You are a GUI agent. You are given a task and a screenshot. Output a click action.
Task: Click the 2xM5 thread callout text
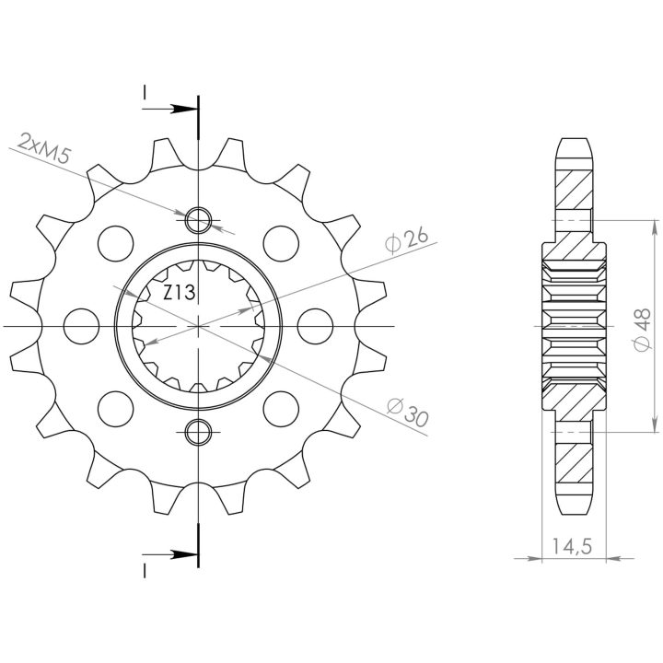[x=43, y=147]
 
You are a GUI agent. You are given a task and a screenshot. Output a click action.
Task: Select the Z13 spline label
[x=180, y=293]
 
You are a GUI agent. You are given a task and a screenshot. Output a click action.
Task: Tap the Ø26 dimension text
[x=407, y=240]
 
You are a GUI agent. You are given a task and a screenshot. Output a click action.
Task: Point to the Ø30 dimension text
[x=408, y=412]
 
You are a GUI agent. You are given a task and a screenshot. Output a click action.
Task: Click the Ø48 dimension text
[x=643, y=330]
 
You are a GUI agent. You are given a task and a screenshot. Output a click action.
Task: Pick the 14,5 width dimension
[x=572, y=546]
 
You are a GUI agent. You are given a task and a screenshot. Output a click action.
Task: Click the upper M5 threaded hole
[x=198, y=220]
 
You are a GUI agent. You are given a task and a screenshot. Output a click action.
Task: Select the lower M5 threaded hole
[x=198, y=432]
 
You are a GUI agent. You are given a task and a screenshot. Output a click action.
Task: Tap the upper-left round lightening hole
[x=115, y=243]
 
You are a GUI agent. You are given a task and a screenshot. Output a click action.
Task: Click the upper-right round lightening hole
[x=281, y=243]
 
